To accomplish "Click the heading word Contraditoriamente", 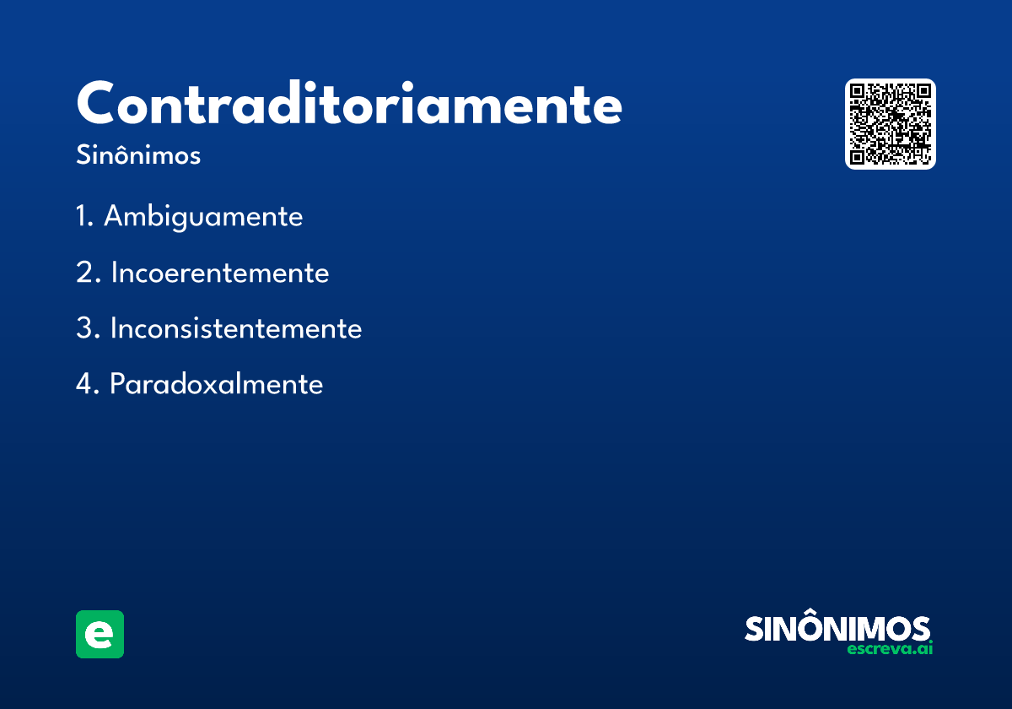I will tap(349, 105).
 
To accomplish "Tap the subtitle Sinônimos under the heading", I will tap(138, 156).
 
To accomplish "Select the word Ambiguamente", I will tap(203, 217).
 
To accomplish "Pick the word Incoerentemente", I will tap(219, 273).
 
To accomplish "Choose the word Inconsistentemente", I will tap(236, 328).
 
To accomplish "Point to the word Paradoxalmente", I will tap(217, 385).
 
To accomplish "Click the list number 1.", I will tap(83, 217).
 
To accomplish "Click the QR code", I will tap(891, 124).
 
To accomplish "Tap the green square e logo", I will tap(100, 634).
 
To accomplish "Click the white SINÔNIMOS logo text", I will tap(837, 628).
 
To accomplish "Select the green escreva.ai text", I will tap(890, 649).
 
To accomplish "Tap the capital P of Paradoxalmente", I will tap(118, 385).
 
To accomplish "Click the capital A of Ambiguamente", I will tap(114, 217).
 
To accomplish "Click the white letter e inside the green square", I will tap(100, 635).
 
